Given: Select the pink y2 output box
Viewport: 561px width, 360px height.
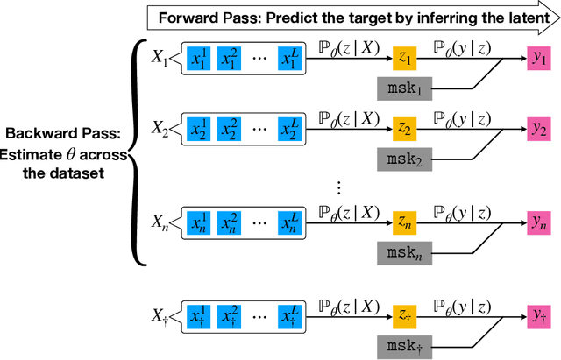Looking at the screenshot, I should tap(538, 129).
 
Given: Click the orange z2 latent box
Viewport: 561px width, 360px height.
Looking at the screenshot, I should tap(405, 129).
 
